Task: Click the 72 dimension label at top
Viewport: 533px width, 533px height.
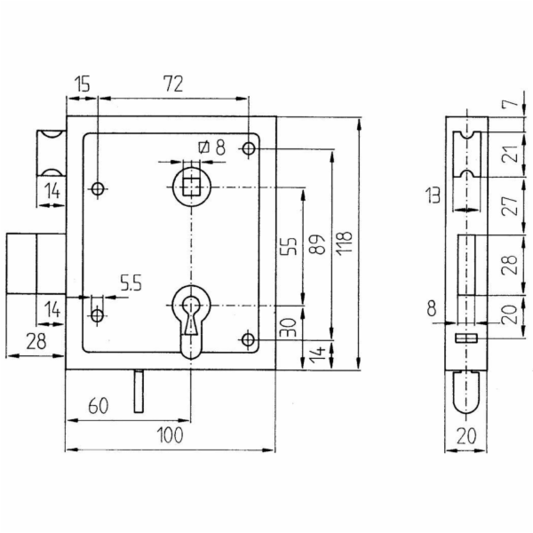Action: tap(174, 84)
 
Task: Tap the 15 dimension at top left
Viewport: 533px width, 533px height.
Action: tap(83, 84)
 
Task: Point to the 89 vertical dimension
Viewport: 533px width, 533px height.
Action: tap(317, 244)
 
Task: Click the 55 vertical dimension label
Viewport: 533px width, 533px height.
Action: tap(289, 246)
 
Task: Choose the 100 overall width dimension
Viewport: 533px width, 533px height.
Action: tap(171, 434)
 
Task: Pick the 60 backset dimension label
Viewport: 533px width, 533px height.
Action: tap(99, 406)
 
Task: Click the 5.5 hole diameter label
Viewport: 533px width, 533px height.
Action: tap(131, 282)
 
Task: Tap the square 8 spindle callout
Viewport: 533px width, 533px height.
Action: tap(211, 147)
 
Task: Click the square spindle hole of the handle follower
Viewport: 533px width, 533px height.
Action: tap(191, 187)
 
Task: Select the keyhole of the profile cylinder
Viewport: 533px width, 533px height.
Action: tap(191, 316)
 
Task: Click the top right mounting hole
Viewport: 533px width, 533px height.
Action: tap(249, 148)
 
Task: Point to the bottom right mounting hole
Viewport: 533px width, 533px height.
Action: tap(249, 339)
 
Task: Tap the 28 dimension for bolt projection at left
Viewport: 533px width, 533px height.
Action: tap(36, 341)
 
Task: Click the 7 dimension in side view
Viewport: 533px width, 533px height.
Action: tap(514, 100)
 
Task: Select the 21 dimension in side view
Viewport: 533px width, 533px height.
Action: tap(513, 154)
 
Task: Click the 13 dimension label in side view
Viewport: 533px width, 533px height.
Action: tap(434, 195)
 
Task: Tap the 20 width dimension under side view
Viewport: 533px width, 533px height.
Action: tap(466, 436)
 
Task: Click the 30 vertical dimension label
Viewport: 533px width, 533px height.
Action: tap(290, 327)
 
